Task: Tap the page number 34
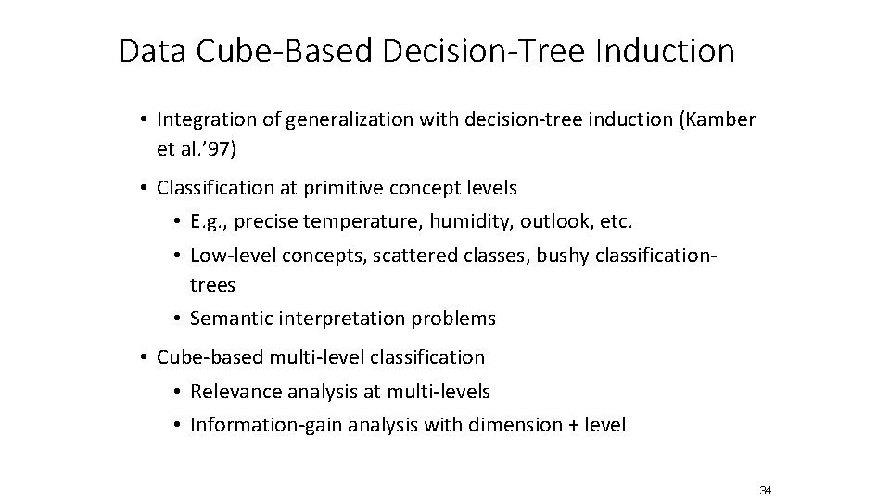coord(765,490)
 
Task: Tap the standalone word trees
coord(212,283)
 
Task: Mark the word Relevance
coord(231,392)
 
